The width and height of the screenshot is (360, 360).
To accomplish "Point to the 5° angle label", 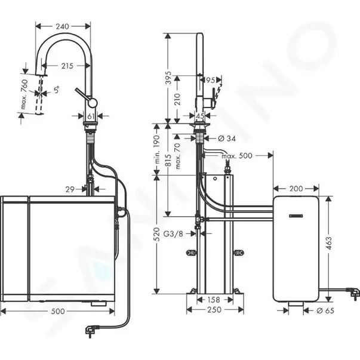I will tap(56, 91).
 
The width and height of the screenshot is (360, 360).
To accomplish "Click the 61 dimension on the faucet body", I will tap(91, 116).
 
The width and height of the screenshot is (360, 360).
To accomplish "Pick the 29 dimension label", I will tap(70, 189).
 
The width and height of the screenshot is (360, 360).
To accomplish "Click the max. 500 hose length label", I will tap(235, 156).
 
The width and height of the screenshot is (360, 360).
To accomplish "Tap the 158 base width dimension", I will tap(213, 301).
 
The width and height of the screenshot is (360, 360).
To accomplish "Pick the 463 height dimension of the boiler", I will tap(330, 243).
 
